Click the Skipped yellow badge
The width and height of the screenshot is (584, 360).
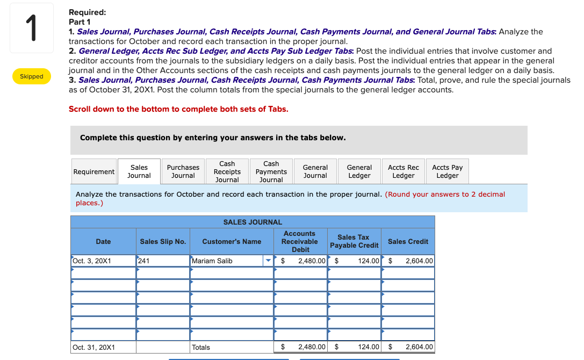pyautogui.click(x=32, y=76)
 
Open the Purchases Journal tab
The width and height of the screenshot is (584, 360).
pyautogui.click(x=183, y=171)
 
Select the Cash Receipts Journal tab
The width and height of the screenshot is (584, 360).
pyautogui.click(x=227, y=171)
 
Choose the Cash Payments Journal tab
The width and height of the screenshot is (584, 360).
pyautogui.click(x=271, y=171)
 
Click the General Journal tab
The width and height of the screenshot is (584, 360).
pyautogui.click(x=315, y=171)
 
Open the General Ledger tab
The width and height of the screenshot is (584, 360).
pyautogui.click(x=359, y=171)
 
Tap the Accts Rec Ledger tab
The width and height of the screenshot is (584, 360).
pyautogui.click(x=403, y=171)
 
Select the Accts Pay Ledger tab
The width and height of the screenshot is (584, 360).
pyautogui.click(x=447, y=171)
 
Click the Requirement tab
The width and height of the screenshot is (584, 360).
pyautogui.click(x=93, y=171)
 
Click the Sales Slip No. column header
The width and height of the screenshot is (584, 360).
pyautogui.click(x=163, y=241)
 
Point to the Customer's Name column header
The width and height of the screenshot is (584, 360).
pyautogui.click(x=232, y=241)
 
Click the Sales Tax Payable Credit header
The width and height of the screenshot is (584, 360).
pyautogui.click(x=354, y=241)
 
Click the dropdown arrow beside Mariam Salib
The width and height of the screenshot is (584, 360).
pyautogui.click(x=268, y=261)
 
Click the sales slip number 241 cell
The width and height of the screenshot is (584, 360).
pyautogui.click(x=163, y=261)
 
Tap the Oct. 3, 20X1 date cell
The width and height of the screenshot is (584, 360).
pyautogui.click(x=103, y=261)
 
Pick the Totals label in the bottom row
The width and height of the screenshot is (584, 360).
pyautogui.click(x=201, y=347)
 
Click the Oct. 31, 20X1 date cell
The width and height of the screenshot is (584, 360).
pyautogui.click(x=103, y=347)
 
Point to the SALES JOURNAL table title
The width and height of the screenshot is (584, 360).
pyautogui.click(x=253, y=222)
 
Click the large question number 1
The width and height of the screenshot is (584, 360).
pyautogui.click(x=32, y=28)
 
